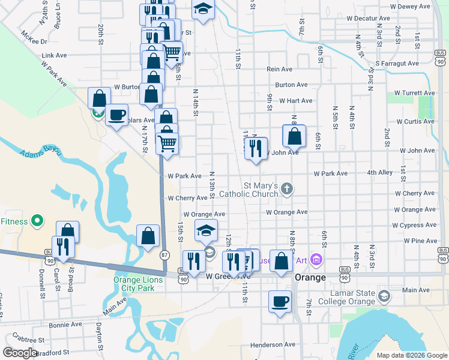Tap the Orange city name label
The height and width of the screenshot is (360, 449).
pyautogui.click(x=310, y=278)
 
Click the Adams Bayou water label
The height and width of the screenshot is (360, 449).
pyautogui.click(x=41, y=154)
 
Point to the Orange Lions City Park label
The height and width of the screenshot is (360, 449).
pyautogui.click(x=134, y=284)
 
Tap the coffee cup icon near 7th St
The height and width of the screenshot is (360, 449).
pyautogui.click(x=279, y=301)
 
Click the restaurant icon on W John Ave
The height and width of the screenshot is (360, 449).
pyautogui.click(x=256, y=148)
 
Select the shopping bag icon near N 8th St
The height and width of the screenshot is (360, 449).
pyautogui.click(x=294, y=136)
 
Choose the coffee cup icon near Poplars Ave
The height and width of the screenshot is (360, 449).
pyautogui.click(x=117, y=114)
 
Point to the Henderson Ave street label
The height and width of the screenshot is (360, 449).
pyautogui.click(x=273, y=345)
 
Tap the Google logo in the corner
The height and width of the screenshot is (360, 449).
pyautogui.click(x=20, y=352)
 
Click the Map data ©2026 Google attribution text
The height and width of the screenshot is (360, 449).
pyautogui.click(x=412, y=355)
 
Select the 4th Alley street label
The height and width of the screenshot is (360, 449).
pyautogui.click(x=380, y=173)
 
